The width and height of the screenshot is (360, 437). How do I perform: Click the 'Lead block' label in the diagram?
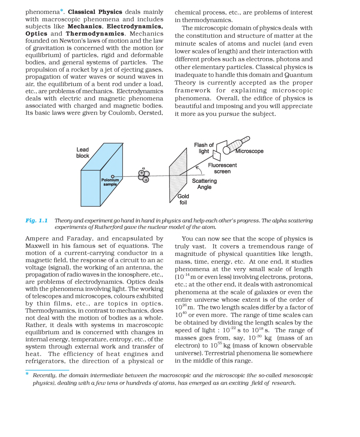click(x=83, y=153)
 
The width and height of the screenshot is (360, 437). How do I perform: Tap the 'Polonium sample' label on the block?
click(x=110, y=182)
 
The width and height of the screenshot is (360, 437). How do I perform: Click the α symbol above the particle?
click(x=144, y=168)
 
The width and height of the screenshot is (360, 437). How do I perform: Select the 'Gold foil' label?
click(x=183, y=199)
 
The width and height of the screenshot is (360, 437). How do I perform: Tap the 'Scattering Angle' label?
click(x=204, y=184)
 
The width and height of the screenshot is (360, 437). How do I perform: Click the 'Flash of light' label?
click(x=204, y=148)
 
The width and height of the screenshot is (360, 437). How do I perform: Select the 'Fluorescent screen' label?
click(x=222, y=168)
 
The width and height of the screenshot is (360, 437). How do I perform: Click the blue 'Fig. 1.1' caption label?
click(x=36, y=220)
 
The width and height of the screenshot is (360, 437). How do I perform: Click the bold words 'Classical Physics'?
click(x=95, y=12)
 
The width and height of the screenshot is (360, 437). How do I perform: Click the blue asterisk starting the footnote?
click(x=27, y=374)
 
